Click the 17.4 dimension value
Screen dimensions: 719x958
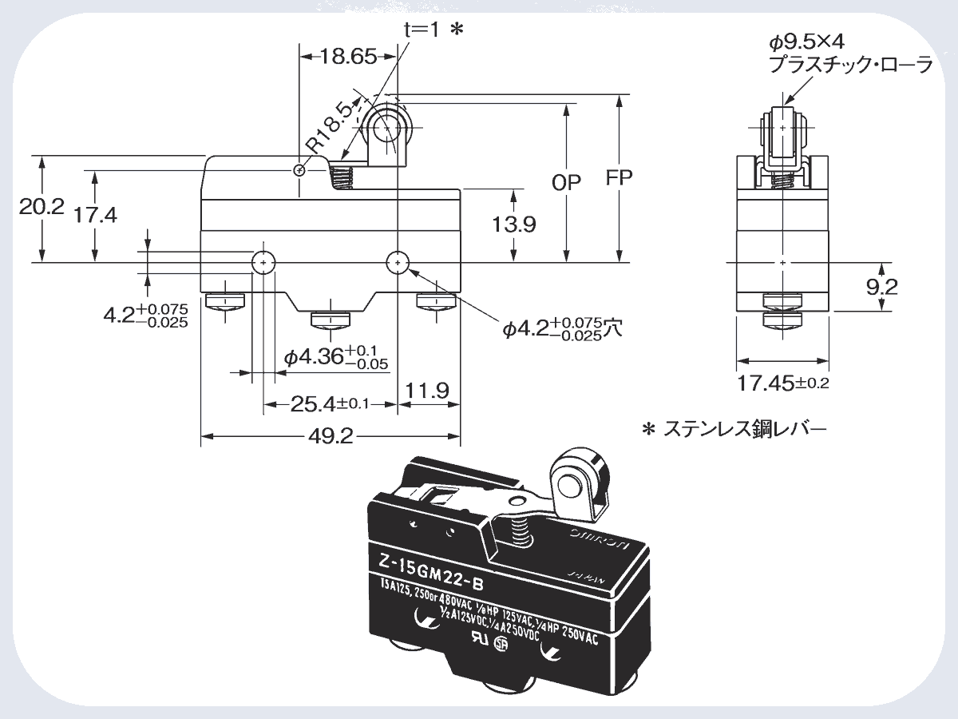pos(95,215)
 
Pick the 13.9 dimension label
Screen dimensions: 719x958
pos(513,224)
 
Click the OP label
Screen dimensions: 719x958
pos(567,181)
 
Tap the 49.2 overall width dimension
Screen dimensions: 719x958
pos(332,436)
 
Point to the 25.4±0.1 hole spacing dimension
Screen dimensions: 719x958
pos(330,404)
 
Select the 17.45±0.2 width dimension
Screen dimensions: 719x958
pos(782,383)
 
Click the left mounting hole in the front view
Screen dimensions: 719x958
pos(263,261)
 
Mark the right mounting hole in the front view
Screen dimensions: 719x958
pos(397,261)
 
